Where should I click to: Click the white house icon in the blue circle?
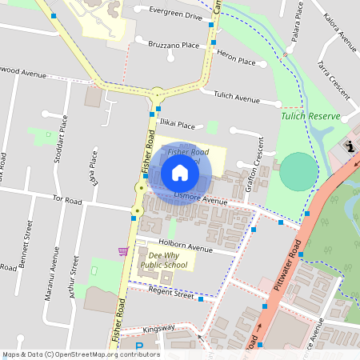coord(179,172)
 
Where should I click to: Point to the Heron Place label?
coord(236,61)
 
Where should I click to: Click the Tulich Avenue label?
coord(237,98)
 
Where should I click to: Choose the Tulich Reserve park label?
coord(310,116)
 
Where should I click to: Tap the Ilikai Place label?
coord(175,125)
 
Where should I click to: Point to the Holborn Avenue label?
coord(186,249)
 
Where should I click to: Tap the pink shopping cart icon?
coord(123,251)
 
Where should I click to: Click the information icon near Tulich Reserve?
coord(350,146)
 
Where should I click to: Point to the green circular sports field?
coord(298,171)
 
